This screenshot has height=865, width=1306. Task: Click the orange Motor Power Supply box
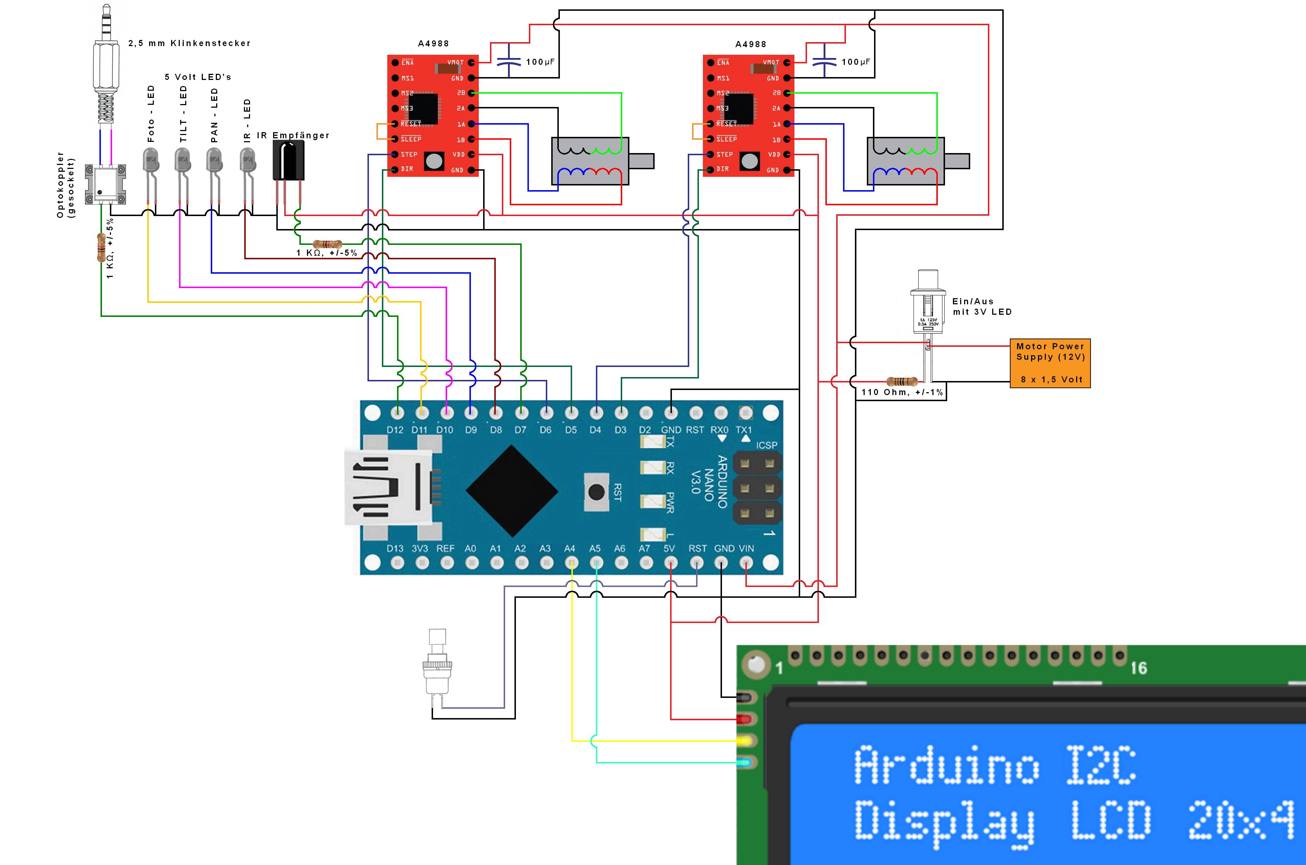pyautogui.click(x=1049, y=363)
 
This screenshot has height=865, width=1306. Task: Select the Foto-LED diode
pyautogui.click(x=151, y=161)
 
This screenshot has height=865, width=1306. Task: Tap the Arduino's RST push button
pyautogui.click(x=596, y=492)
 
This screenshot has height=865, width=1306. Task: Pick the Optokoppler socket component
pyautogui.click(x=106, y=183)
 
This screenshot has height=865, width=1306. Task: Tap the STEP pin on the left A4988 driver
pyautogui.click(x=395, y=154)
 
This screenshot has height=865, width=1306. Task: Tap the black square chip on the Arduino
pyautogui.click(x=512, y=491)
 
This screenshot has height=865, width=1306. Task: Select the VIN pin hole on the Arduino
pyautogui.click(x=746, y=563)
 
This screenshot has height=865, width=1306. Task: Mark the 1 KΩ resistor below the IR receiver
pyautogui.click(x=327, y=244)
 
